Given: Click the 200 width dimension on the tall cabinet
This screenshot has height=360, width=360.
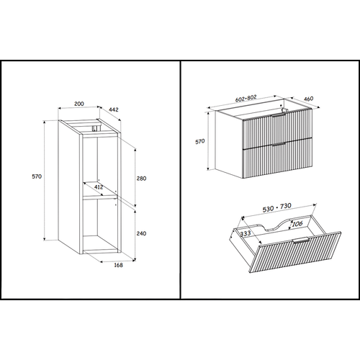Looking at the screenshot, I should [79, 104].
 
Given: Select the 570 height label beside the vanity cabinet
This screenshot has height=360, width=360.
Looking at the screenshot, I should [202, 142].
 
